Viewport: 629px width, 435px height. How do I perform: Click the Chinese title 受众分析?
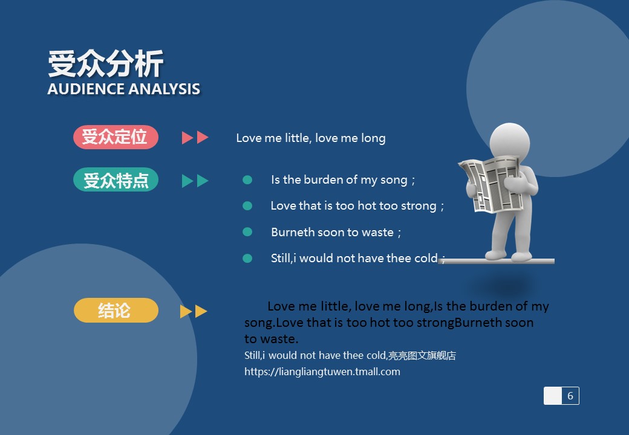point(105,63)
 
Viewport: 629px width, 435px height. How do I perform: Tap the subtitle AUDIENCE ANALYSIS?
point(123,89)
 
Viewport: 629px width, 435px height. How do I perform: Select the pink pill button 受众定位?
point(116,137)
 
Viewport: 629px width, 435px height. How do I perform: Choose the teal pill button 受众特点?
point(116,180)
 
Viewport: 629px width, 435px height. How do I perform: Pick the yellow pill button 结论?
point(116,311)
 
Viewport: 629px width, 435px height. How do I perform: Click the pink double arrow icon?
point(195,137)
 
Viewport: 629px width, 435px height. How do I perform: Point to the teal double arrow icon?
point(195,181)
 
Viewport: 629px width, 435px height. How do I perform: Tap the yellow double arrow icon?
point(194,312)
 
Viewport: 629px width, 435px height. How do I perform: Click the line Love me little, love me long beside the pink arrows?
point(311,138)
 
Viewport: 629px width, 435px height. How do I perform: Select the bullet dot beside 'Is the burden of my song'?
point(247,180)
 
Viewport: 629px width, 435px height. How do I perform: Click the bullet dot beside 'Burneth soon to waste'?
point(247,232)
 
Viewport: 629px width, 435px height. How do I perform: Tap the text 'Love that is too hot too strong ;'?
point(357,206)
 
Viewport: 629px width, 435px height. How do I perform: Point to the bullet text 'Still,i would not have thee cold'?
point(354,259)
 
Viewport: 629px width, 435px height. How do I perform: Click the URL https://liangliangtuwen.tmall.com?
point(322,372)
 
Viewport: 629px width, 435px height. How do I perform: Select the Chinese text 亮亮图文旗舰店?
point(422,355)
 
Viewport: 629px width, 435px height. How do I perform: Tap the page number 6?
point(570,396)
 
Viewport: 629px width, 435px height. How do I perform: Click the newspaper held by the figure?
point(491,184)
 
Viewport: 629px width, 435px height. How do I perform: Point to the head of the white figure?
point(510,141)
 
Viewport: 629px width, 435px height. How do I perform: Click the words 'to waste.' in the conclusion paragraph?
point(271,339)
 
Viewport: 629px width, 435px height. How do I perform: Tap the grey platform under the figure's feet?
point(497,261)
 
